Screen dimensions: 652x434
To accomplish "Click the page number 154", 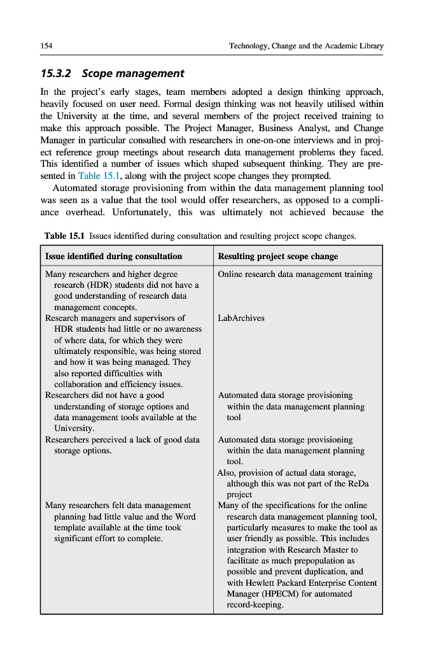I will (46, 46).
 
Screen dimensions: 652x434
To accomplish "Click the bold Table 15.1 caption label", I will (65, 236).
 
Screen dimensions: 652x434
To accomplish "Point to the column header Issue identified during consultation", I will (113, 256).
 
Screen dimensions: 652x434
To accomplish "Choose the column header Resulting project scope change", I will (277, 256).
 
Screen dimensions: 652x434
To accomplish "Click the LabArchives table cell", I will (241, 318).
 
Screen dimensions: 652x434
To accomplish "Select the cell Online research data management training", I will (295, 274).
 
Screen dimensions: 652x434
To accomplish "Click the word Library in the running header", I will (370, 46).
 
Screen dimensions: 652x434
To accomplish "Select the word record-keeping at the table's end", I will (255, 604).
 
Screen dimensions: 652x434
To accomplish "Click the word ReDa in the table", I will (360, 483).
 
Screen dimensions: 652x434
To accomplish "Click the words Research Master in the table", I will (314, 549).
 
